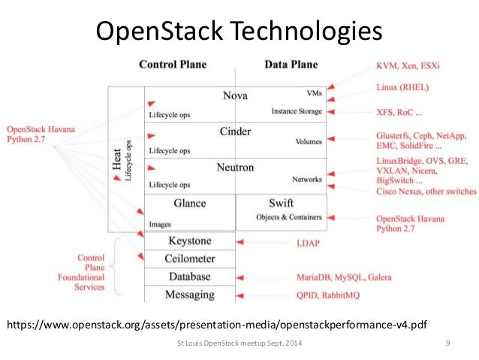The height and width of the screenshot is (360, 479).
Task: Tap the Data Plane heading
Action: tap(291, 65)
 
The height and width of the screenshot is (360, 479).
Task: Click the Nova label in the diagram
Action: tap(235, 95)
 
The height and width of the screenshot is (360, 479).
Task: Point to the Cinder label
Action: tap(235, 132)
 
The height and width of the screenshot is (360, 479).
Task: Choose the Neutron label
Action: tap(235, 167)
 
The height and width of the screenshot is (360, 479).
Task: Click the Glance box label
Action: tap(189, 203)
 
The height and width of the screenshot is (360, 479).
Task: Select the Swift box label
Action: tap(281, 203)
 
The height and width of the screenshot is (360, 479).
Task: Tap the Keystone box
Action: tap(190, 241)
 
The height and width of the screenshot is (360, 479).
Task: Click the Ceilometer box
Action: tap(190, 259)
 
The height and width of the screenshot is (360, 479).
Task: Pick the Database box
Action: tap(190, 277)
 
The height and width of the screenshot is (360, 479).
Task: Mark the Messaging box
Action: tap(190, 294)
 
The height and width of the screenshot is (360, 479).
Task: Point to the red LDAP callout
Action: tap(309, 243)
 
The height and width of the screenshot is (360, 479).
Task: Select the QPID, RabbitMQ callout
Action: tap(327, 295)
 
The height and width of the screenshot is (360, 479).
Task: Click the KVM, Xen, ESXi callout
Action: tap(408, 66)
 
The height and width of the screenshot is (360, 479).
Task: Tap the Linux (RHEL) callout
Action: tap(402, 87)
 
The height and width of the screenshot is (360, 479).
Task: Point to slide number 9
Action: tap(447, 345)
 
